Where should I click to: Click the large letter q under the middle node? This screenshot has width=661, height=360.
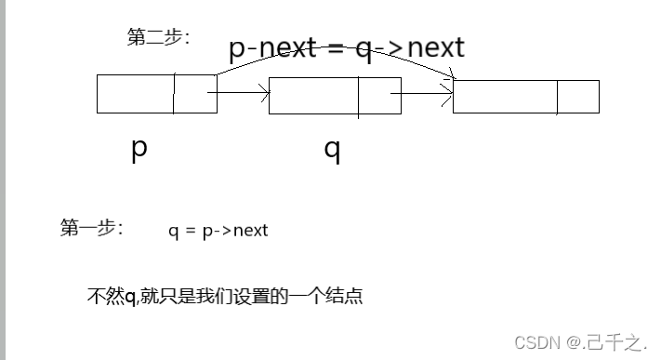click(x=332, y=151)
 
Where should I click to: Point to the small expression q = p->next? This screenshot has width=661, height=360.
click(x=218, y=230)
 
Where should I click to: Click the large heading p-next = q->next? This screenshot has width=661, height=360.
click(x=346, y=47)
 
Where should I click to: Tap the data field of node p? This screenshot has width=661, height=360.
click(x=135, y=94)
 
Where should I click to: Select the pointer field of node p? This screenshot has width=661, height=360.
click(x=194, y=94)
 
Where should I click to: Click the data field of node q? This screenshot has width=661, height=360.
click(x=313, y=96)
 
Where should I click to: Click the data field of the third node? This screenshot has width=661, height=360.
click(x=505, y=97)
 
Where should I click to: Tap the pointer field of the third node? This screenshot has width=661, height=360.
click(x=577, y=97)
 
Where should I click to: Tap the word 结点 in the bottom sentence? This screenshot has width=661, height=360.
click(x=343, y=297)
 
